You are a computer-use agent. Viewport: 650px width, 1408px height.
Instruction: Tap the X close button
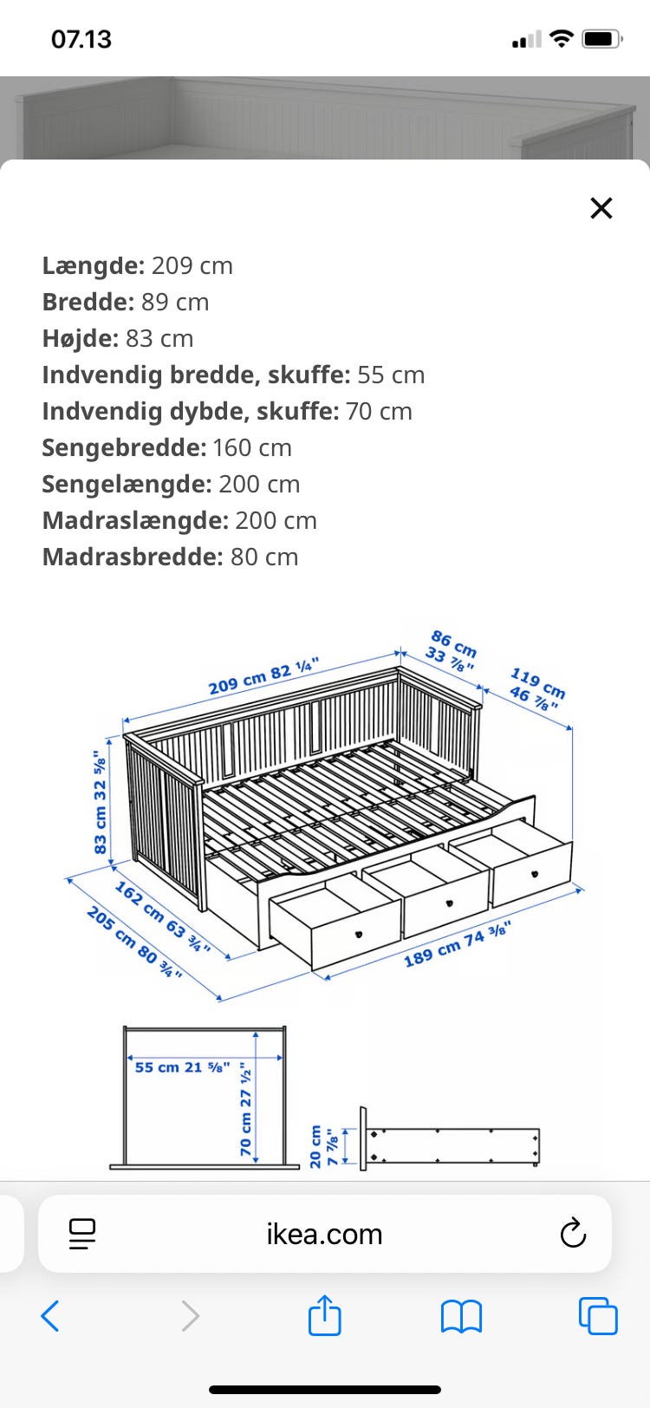(x=601, y=208)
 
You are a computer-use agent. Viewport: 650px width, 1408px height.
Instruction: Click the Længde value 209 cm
(x=192, y=265)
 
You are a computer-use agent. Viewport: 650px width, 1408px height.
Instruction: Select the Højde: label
(x=81, y=338)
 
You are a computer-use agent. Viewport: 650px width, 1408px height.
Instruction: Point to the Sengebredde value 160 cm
(x=252, y=447)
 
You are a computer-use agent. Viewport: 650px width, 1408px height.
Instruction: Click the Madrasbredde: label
(x=133, y=557)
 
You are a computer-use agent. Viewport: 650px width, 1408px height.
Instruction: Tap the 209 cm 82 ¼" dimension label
(x=263, y=676)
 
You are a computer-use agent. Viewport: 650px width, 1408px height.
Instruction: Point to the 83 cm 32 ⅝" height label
(x=101, y=801)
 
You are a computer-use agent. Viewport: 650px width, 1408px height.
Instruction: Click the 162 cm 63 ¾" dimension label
(x=162, y=916)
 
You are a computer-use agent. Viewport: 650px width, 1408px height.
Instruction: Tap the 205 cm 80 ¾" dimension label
(x=134, y=942)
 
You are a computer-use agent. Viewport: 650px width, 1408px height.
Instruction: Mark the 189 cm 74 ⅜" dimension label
(x=457, y=944)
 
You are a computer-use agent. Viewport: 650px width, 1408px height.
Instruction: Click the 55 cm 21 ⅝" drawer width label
(x=182, y=1067)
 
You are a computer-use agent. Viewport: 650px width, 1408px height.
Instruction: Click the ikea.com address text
(x=324, y=1234)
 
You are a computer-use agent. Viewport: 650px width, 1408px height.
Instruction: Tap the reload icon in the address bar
(x=573, y=1233)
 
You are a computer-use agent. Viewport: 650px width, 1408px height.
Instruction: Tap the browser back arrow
(x=50, y=1316)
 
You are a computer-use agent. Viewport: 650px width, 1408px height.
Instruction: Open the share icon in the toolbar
(x=325, y=1315)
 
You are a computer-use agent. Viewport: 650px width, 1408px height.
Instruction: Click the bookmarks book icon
(x=461, y=1316)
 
